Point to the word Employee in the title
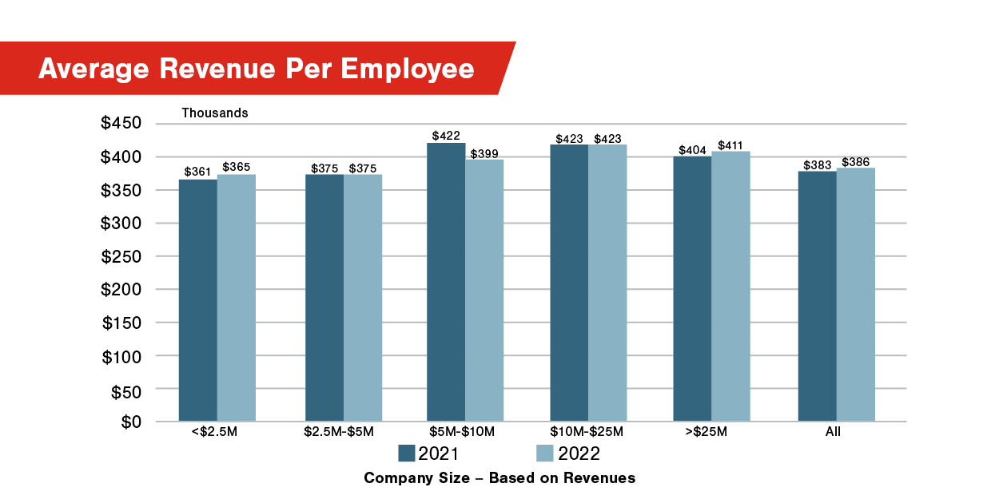(408, 69)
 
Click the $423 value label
(569, 138)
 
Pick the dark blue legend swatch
(407, 453)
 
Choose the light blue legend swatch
(545, 453)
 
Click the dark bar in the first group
(197, 299)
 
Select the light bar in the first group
(237, 297)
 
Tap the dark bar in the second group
(324, 297)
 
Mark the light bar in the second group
(364, 297)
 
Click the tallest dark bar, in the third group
(446, 282)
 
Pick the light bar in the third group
(485, 290)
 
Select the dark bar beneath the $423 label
(569, 283)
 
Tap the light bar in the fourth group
(608, 283)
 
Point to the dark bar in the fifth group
(692, 288)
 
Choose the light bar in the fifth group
(731, 286)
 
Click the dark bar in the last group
(817, 295)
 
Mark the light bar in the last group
(856, 294)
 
